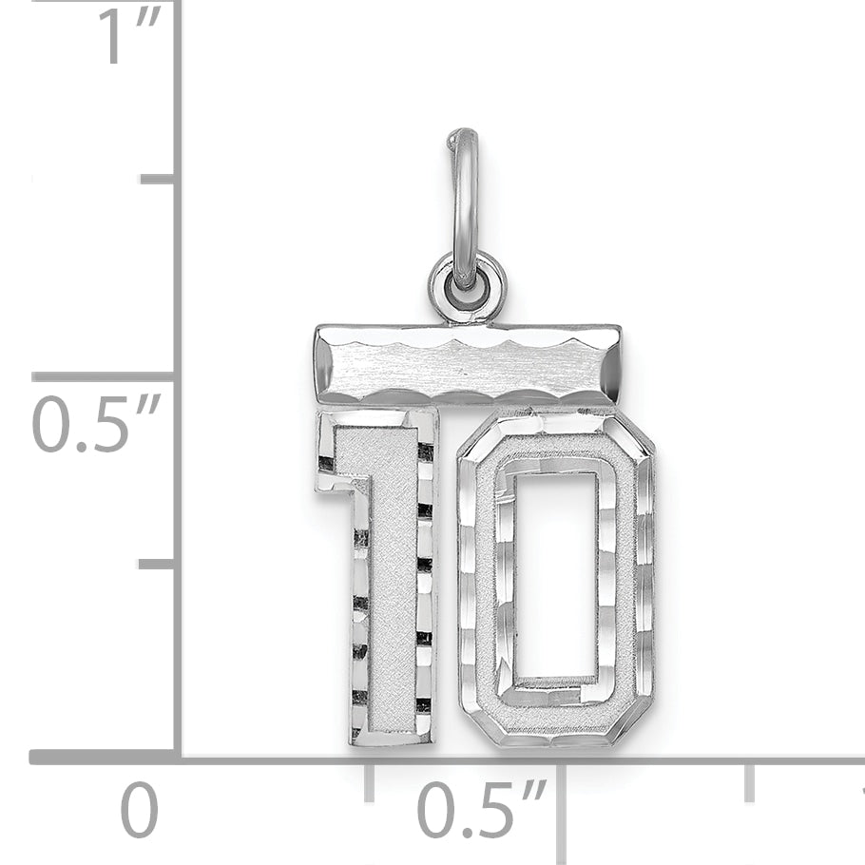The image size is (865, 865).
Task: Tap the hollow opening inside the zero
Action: coord(556,575)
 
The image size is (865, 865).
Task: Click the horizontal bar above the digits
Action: coord(468,364)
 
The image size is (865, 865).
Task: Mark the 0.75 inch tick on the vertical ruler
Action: coord(157,179)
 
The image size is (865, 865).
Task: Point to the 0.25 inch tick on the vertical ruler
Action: coord(157,564)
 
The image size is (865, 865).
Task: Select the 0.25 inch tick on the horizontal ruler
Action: coord(370,779)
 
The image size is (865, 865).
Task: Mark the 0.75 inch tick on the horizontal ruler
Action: coord(750,779)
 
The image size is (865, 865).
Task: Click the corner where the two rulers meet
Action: coord(178,757)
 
